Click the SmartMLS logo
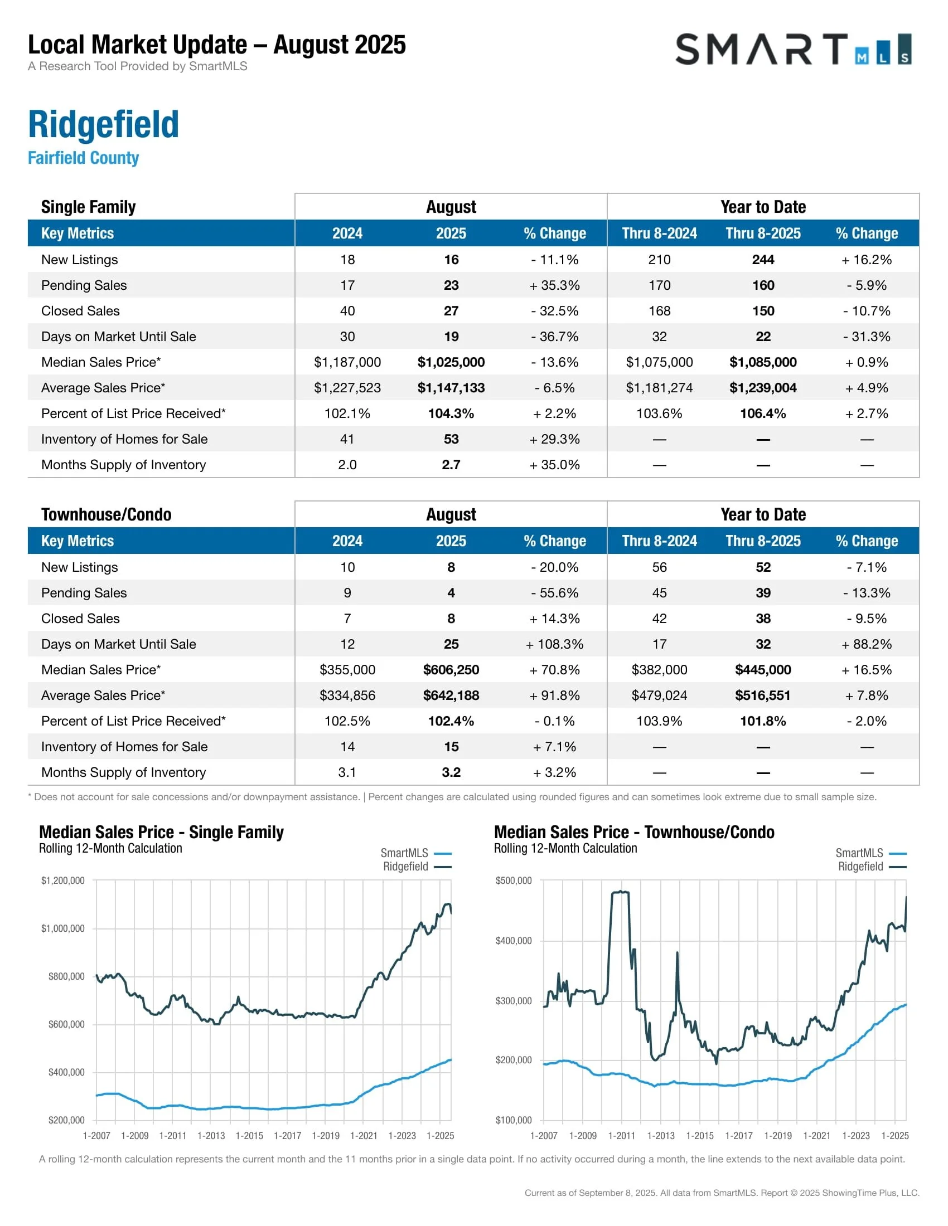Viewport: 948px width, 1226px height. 792,50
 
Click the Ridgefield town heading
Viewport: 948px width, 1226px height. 103,124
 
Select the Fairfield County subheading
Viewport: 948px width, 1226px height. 83,158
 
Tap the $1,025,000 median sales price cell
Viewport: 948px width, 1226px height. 451,362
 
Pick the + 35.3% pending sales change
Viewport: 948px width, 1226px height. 554,285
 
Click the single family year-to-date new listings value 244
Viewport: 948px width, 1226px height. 763,259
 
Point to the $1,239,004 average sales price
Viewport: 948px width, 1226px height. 763,388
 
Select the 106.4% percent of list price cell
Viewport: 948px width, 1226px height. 763,413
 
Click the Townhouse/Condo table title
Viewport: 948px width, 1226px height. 106,514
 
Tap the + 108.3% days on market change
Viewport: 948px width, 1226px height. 554,644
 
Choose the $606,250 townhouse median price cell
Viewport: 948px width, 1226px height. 451,670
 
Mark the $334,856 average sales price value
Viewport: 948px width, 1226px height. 347,695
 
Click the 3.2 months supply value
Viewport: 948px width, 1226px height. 451,772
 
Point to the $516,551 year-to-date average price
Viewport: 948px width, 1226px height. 763,695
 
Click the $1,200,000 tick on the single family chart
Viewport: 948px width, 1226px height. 63,880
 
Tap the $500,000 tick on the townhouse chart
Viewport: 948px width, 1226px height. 513,880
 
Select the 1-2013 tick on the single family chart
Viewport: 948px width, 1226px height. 211,1136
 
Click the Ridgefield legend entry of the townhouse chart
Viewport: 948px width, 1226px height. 860,866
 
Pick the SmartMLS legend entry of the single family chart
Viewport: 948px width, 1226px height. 404,853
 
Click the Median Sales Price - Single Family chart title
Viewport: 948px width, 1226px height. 161,832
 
